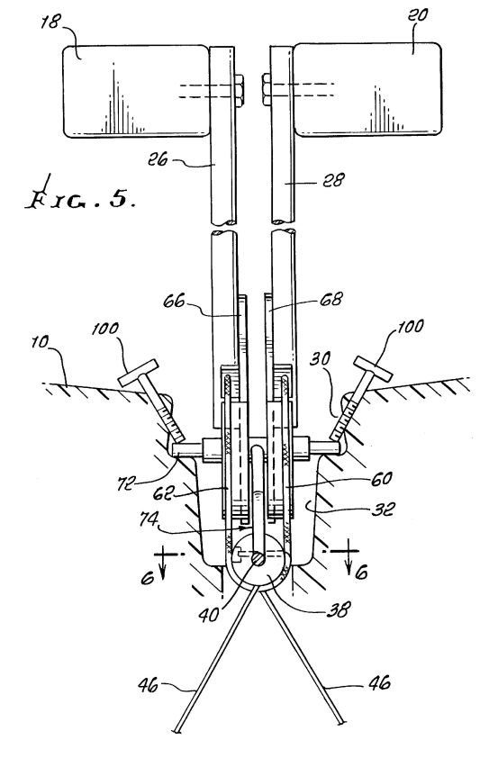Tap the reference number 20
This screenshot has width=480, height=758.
pos(418,14)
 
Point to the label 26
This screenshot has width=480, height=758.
pos(158,159)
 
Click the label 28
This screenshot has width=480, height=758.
pos(334,180)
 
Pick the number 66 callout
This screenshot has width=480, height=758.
pos(174,302)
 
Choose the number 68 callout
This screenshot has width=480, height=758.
pos(331,299)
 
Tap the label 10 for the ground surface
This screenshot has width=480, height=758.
pos(40,342)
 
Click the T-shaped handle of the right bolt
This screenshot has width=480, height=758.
pos(373,368)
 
